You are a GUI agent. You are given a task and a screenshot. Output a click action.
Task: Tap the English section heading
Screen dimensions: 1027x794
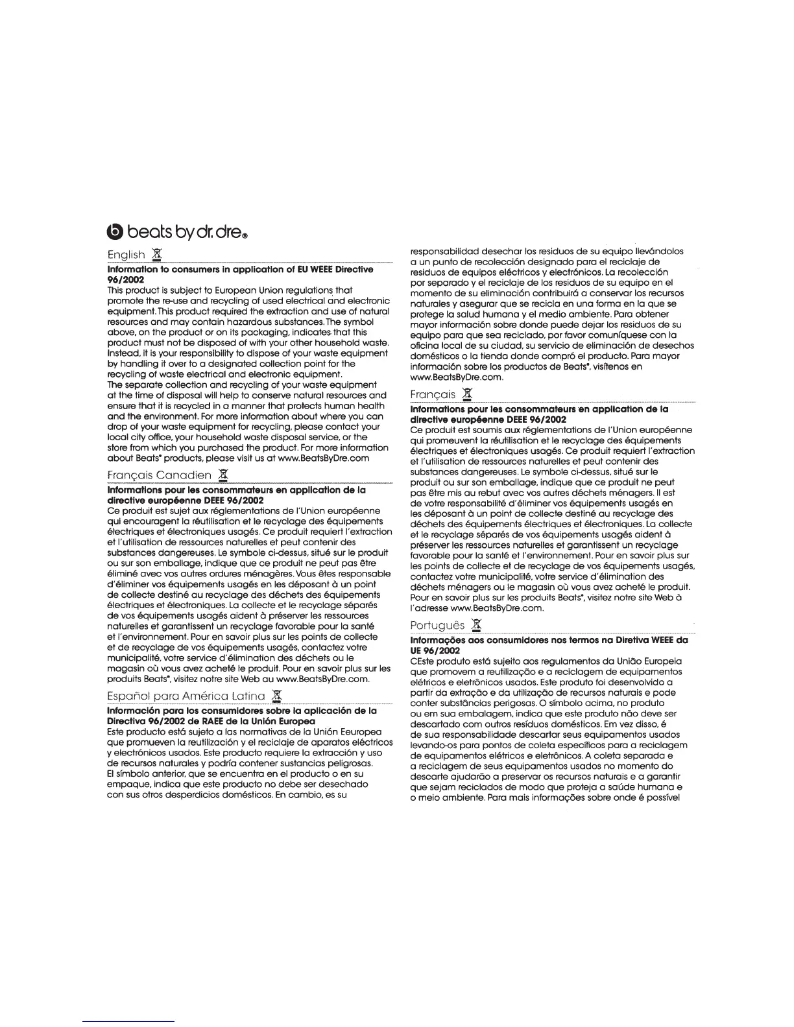(126, 255)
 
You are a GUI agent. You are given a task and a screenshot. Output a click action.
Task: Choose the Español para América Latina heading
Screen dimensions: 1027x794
(186, 696)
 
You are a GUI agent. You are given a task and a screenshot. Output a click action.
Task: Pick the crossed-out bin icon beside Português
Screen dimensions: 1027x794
(477, 624)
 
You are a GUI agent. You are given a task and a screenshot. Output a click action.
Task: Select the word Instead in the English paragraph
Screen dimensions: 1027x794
(124, 353)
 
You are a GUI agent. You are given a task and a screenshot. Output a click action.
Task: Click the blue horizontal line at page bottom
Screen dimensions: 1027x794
(130, 1021)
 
